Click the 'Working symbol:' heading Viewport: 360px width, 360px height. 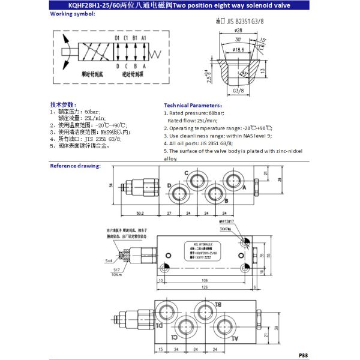click(x=72, y=13)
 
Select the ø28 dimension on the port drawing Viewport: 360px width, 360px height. click(x=238, y=30)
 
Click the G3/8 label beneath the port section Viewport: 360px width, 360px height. click(x=238, y=92)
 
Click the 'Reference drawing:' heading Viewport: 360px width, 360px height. click(x=75, y=165)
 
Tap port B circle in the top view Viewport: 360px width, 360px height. click(x=213, y=194)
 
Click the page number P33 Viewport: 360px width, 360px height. click(x=303, y=355)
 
